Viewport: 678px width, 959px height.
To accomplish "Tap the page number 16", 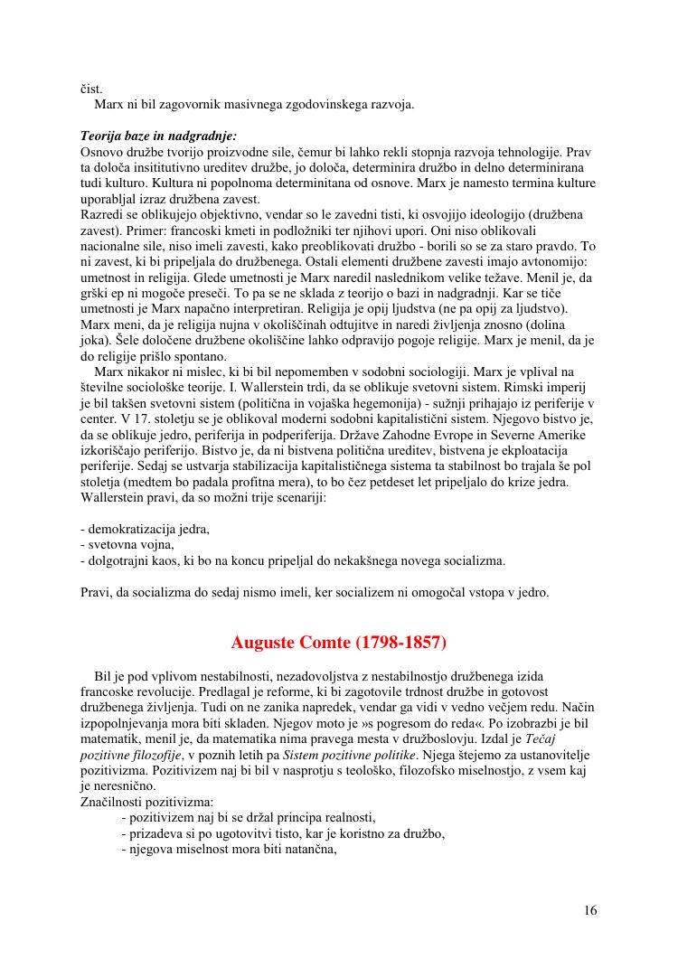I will pyautogui.click(x=589, y=910).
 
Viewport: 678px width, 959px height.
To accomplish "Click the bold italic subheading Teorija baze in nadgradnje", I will pyautogui.click(x=158, y=136).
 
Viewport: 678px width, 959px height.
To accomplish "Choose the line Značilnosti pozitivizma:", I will pyautogui.click(x=146, y=802).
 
